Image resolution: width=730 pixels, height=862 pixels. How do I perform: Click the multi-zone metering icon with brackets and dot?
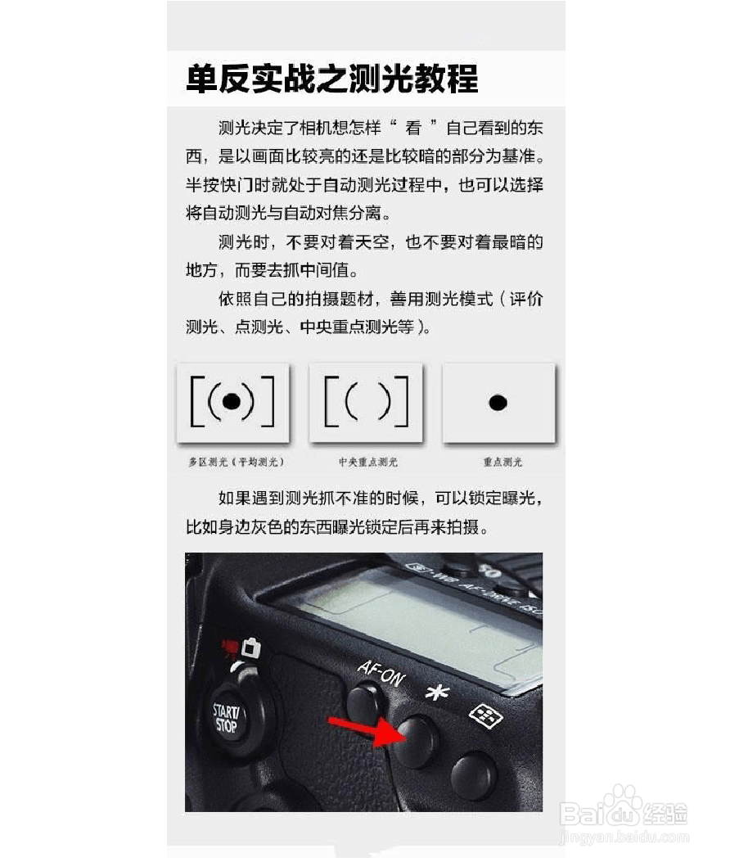[232, 401]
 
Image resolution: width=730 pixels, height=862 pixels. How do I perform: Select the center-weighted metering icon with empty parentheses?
[366, 401]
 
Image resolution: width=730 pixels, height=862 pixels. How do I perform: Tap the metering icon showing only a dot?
[498, 402]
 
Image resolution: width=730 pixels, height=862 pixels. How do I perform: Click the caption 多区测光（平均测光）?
[236, 463]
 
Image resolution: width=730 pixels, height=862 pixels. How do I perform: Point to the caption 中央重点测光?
[368, 463]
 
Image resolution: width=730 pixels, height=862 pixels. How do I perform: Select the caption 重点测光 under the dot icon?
[502, 463]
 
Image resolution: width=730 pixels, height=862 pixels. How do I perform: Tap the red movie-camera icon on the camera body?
[230, 648]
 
